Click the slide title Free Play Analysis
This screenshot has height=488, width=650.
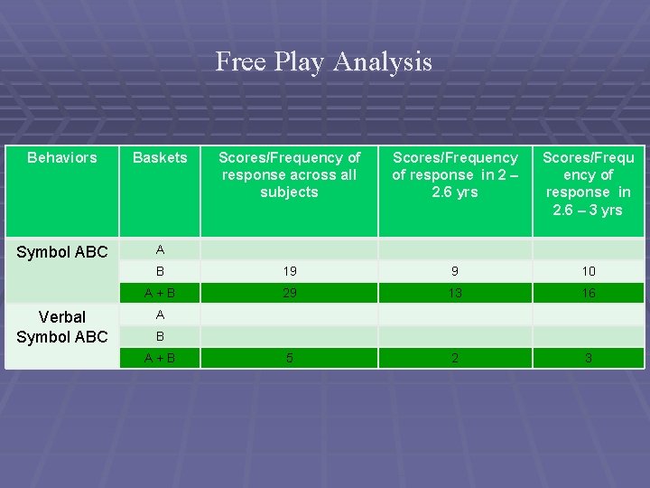(x=324, y=61)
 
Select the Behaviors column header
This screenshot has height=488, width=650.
(x=62, y=158)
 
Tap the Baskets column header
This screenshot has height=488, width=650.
(x=160, y=158)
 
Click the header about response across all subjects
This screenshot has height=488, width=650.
(x=289, y=174)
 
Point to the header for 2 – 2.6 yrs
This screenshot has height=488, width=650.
(x=455, y=174)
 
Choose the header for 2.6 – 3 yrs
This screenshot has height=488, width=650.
(x=588, y=183)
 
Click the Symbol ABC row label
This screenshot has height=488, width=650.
(x=62, y=252)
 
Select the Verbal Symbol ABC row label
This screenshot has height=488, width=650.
(x=62, y=327)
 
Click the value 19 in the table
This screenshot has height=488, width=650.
(x=289, y=271)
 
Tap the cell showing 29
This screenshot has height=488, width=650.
(x=289, y=293)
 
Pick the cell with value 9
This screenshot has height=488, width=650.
(x=455, y=271)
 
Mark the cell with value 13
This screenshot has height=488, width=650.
(x=455, y=293)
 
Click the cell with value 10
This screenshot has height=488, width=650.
(x=588, y=271)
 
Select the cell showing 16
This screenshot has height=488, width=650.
(x=588, y=293)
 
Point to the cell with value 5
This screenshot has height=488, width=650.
(x=289, y=358)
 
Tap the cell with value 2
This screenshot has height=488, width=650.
(x=455, y=358)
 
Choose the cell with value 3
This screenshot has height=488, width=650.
(x=588, y=358)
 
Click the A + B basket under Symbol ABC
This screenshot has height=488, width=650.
(x=160, y=293)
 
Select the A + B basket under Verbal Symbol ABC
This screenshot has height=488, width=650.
(x=160, y=358)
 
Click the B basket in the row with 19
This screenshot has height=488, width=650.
(x=160, y=271)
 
